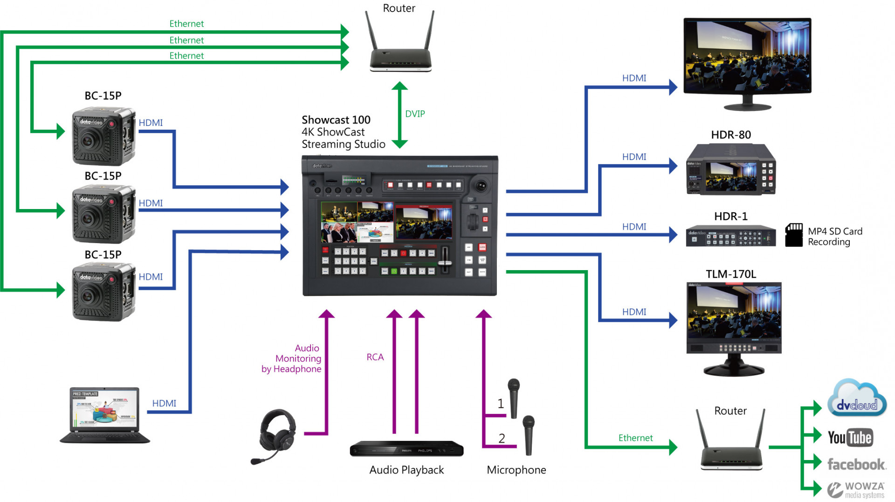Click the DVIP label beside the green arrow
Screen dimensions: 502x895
click(x=414, y=114)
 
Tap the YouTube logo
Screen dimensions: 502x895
click(x=850, y=437)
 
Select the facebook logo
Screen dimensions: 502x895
click(x=856, y=464)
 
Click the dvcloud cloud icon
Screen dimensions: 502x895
click(x=857, y=400)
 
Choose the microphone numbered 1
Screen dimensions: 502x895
click(x=514, y=397)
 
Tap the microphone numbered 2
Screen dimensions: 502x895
click(x=529, y=434)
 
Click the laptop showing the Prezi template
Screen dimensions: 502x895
click(x=105, y=414)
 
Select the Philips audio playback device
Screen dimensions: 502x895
click(x=406, y=449)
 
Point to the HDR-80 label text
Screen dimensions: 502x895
click(x=730, y=135)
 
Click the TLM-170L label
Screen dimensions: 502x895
click(x=730, y=274)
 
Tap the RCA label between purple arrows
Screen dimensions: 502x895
click(x=375, y=357)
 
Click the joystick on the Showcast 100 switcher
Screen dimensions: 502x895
click(x=480, y=186)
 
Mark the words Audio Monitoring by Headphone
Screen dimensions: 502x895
click(x=292, y=358)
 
